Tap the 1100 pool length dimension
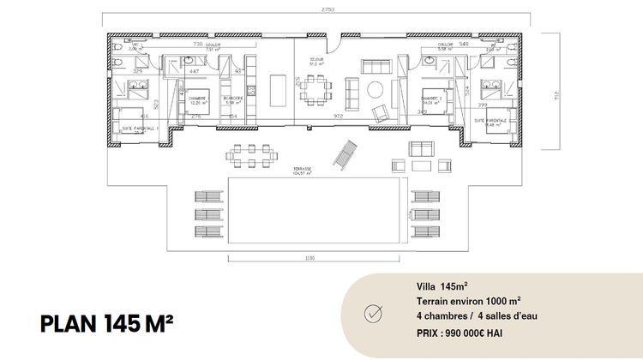coord(309,260)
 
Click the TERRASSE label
coord(300,169)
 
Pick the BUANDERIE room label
coord(232,99)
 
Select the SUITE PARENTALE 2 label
coord(491,122)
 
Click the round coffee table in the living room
coord(376,88)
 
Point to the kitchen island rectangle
coord(278,88)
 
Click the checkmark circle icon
coord(374,313)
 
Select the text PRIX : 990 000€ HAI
coord(454,331)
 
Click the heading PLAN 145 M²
coord(106,323)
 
